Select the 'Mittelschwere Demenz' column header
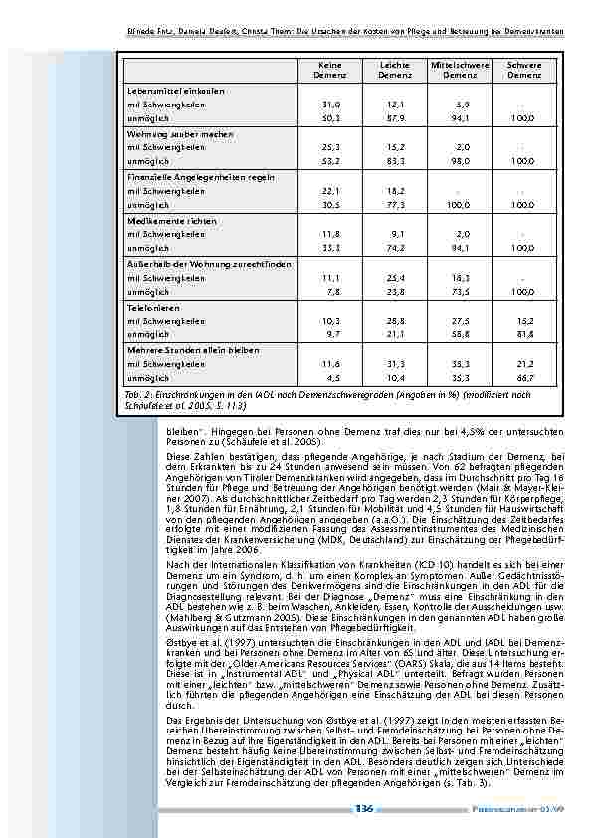[459, 70]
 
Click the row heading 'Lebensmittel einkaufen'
[162, 91]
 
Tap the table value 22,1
[331, 189]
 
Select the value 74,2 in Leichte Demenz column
[395, 247]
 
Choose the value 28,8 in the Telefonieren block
[395, 321]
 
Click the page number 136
[363, 811]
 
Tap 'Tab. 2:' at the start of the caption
[140, 395]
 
